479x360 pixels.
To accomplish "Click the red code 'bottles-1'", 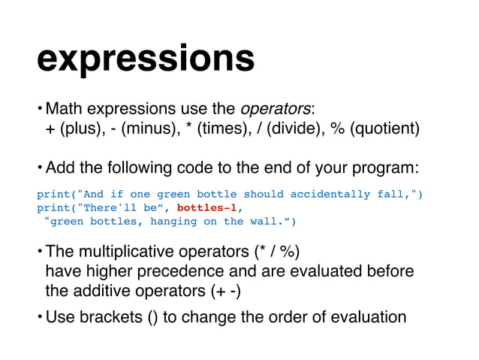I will pyautogui.click(x=207, y=207).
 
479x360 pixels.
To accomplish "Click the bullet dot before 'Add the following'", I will pyautogui.click(x=40, y=166).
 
